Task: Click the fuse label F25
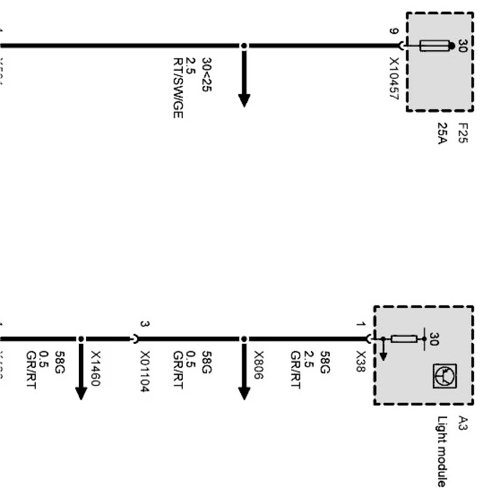pos(463,133)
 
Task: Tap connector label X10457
pos(394,78)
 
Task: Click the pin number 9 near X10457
pos(393,32)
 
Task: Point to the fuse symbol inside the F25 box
pos(434,46)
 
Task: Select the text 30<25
pos(207,75)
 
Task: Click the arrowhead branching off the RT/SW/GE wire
pos(244,99)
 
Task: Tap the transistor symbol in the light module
pos(445,376)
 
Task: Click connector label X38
pos(361,362)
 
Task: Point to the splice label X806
pos(259,365)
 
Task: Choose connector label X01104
pos(145,371)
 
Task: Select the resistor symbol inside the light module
pos(404,339)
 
